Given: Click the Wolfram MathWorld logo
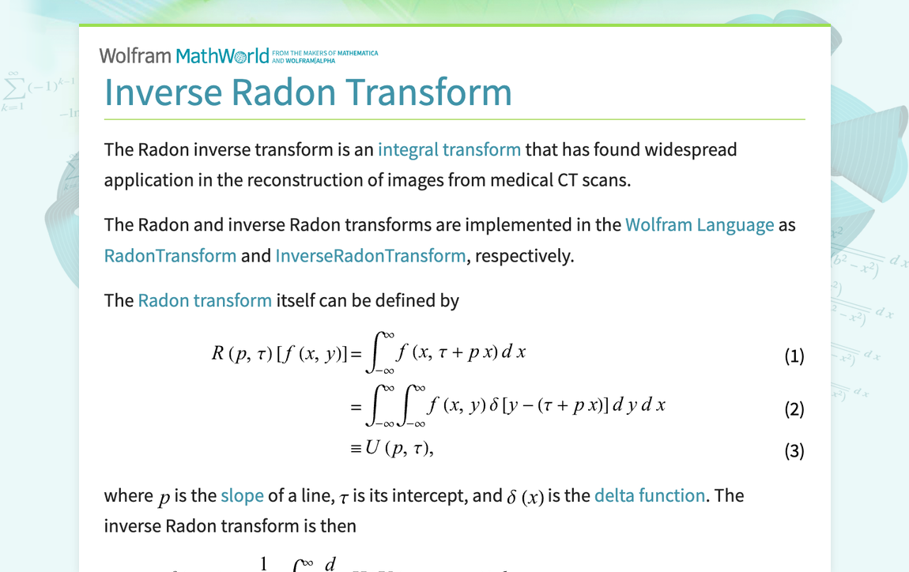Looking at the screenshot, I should click(x=184, y=55).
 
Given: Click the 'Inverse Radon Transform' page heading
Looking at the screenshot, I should click(x=308, y=92).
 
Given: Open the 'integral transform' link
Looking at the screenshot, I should click(x=449, y=149).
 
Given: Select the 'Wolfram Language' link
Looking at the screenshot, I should click(x=700, y=224).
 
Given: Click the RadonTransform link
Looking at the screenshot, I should click(x=170, y=255).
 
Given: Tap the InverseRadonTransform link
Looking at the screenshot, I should click(x=370, y=255).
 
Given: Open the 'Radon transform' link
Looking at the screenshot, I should click(x=205, y=300).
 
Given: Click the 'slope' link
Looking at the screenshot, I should click(x=242, y=495).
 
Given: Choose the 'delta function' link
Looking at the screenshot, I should click(x=650, y=495).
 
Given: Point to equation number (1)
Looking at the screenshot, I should click(x=794, y=356).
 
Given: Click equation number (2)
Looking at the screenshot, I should click(x=794, y=409).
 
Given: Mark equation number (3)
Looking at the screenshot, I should click(x=794, y=451).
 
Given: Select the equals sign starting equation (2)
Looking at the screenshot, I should click(x=356, y=406).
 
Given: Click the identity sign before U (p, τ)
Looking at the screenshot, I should click(x=356, y=448).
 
